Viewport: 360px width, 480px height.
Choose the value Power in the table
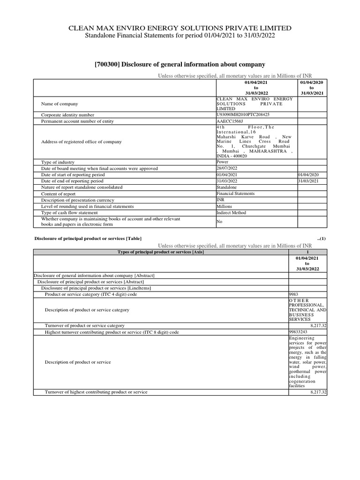click(222, 162)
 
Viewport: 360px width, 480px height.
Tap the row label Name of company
click(60, 104)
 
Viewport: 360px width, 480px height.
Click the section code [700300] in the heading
click(109, 64)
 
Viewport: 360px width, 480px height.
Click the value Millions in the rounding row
click(224, 206)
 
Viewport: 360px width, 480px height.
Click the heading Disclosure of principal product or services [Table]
click(88, 238)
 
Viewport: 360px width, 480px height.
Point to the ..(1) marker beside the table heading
click(321, 238)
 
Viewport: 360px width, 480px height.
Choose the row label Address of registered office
click(82, 142)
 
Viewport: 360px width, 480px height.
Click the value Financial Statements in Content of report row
click(236, 194)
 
